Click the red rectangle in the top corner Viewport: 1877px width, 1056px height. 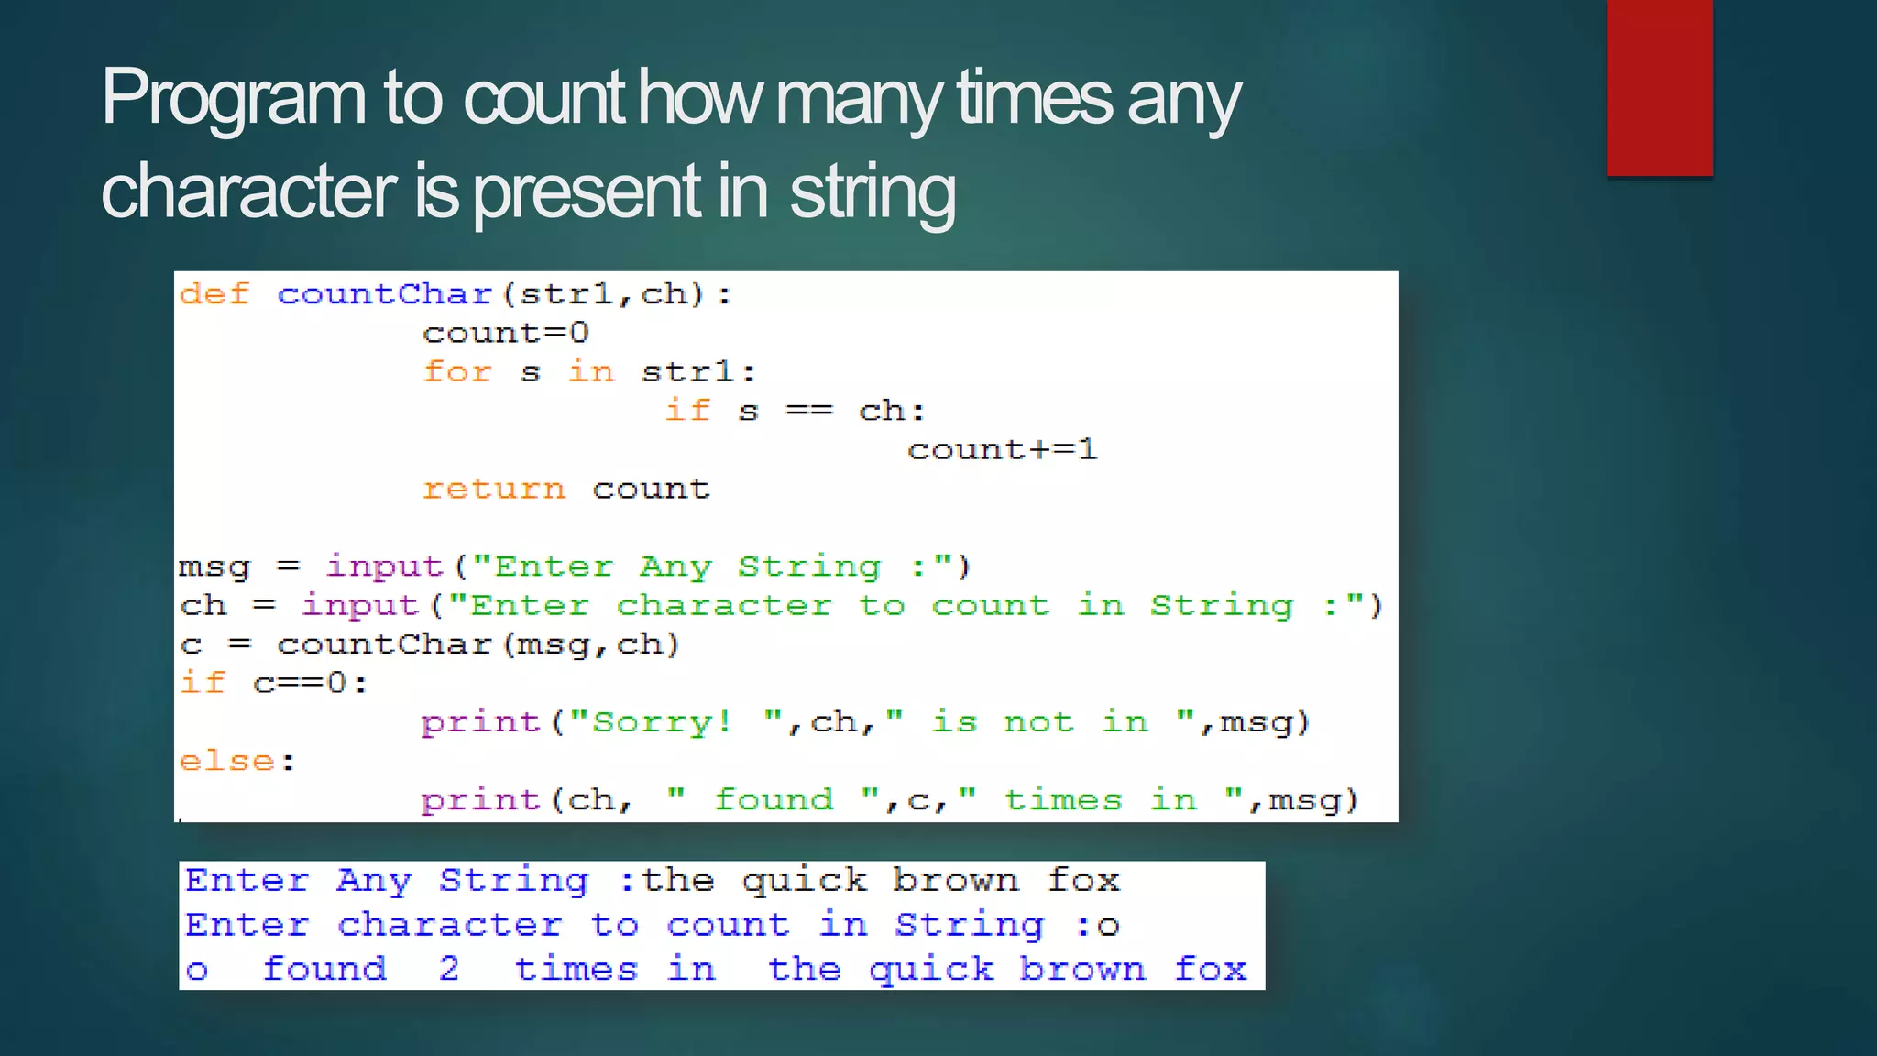pos(1659,87)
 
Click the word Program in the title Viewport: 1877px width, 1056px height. pos(234,99)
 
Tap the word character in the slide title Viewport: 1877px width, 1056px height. pos(248,192)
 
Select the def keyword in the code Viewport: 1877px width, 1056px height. pos(214,294)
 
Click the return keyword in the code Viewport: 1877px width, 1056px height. pos(493,489)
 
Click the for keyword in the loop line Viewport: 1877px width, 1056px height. pos(457,372)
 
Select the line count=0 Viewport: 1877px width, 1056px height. pos(505,333)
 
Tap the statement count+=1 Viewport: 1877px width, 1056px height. pos(1002,449)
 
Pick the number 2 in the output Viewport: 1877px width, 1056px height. pos(448,969)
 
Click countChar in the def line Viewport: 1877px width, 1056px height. pos(385,294)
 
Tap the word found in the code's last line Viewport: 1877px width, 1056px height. pos(774,800)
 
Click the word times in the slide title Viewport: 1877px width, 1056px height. pos(1034,99)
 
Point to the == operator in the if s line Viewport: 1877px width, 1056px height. pos(809,411)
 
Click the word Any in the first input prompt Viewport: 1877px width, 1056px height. pos(675,567)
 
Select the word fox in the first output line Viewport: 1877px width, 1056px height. pos(1083,881)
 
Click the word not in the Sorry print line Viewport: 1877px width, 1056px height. pos(1038,722)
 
